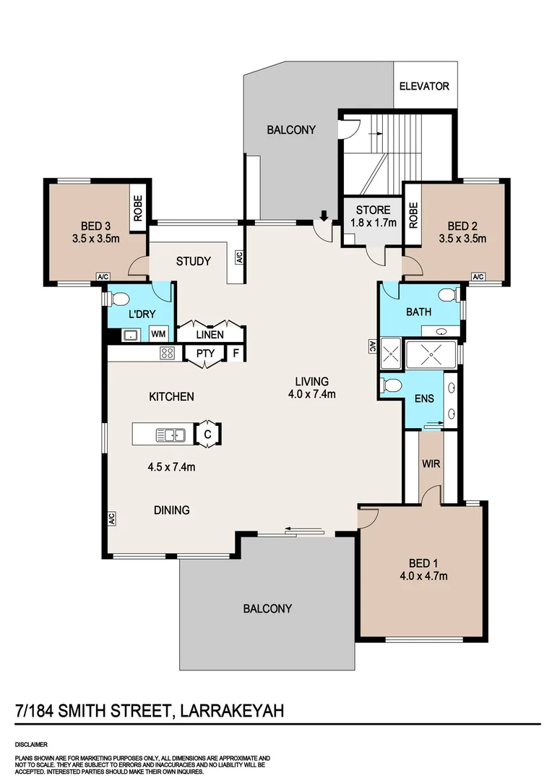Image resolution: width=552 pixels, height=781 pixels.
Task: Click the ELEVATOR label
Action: coord(424,86)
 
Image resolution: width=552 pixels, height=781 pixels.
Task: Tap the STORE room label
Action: coord(373,210)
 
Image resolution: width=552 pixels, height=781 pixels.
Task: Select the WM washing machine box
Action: coord(158,333)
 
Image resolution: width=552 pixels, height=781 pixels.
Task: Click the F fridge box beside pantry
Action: coord(236,354)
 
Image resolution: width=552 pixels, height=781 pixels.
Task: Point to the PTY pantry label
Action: coord(206,354)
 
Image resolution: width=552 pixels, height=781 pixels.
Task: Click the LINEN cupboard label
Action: coord(210,335)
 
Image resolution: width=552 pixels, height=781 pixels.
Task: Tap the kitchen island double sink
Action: coord(171,435)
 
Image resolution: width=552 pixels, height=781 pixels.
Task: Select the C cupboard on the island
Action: coord(207,435)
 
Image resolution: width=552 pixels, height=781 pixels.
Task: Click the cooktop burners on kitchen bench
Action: coord(167,354)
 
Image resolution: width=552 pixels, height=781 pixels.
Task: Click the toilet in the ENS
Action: coord(391,385)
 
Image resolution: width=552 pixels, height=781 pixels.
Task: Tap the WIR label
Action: coord(431,464)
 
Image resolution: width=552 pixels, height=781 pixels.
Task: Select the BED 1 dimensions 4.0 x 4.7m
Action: coord(423,576)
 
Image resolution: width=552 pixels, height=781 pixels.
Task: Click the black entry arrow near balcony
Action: coord(324,215)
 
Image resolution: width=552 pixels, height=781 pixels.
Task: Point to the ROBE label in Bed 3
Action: coord(138,208)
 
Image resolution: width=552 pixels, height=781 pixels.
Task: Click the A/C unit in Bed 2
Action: coord(478,277)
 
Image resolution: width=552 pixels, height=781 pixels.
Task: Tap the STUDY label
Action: coord(194,261)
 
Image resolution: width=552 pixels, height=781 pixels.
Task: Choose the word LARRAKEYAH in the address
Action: coord(232,710)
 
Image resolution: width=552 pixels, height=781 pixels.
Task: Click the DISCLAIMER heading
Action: coord(31,745)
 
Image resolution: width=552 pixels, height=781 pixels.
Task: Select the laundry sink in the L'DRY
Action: coord(131,336)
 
